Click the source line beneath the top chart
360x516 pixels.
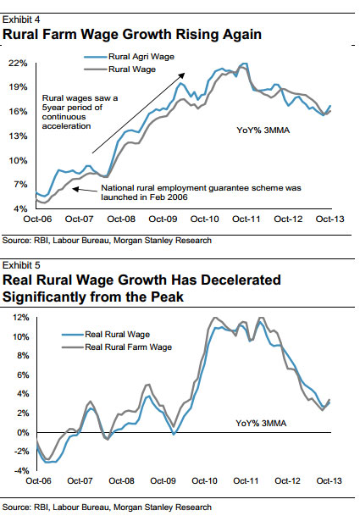tap(106, 241)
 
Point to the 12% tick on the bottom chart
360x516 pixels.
tap(20, 317)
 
